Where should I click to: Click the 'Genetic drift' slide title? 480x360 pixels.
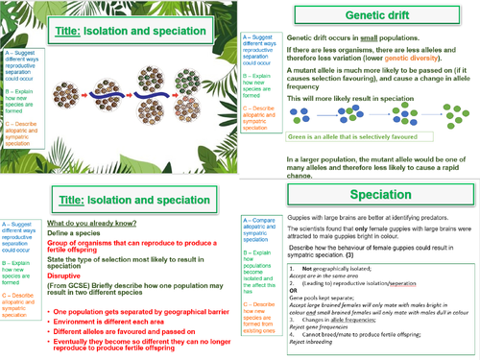(x=359, y=15)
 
